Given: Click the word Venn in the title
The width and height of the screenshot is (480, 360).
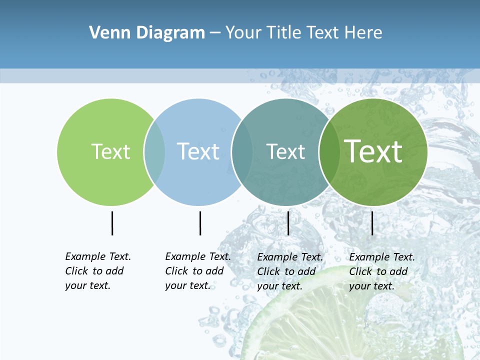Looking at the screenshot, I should (106, 33).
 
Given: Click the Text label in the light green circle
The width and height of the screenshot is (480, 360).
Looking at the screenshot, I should (110, 151).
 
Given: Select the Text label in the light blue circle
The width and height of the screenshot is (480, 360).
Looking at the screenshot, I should (198, 151).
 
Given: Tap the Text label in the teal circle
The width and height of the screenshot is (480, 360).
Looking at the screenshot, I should (285, 151).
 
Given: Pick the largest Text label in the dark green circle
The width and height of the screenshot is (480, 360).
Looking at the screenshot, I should (373, 151).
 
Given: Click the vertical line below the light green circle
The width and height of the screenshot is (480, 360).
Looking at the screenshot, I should (112, 223).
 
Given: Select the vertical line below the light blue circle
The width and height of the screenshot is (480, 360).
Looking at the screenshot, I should (200, 223).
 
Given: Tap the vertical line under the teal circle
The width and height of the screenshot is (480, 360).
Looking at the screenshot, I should (288, 223).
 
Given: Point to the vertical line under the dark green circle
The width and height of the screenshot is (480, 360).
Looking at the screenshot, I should (372, 223).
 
